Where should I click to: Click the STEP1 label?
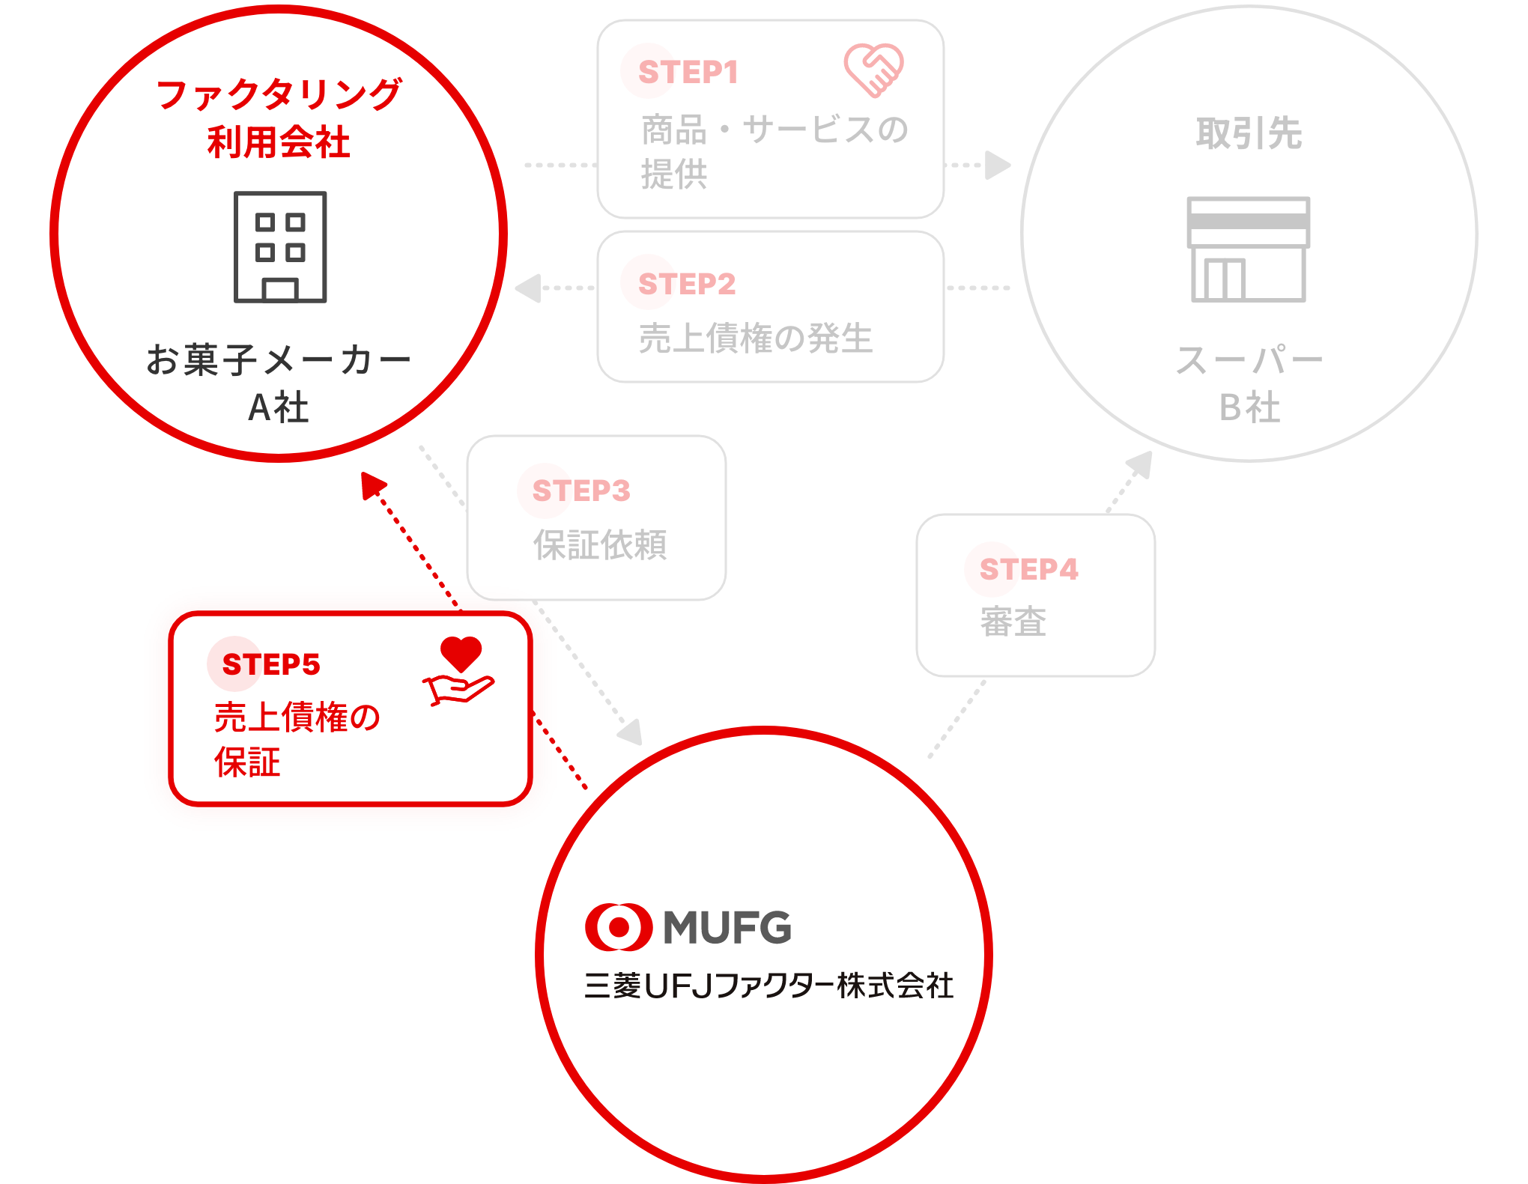click(x=688, y=73)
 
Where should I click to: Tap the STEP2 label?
click(x=687, y=284)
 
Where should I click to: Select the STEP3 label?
click(x=581, y=491)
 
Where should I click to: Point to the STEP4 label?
click(x=1028, y=569)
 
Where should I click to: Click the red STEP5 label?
click(x=271, y=664)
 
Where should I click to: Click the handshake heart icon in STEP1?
click(x=873, y=70)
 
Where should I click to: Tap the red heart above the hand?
click(x=461, y=654)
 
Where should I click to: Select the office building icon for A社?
click(x=280, y=247)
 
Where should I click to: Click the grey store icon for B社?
click(x=1249, y=249)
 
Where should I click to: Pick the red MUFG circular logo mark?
click(x=619, y=927)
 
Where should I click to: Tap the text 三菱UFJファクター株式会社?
click(x=768, y=986)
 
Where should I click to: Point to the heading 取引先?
click(x=1249, y=133)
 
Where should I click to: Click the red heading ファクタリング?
click(x=279, y=95)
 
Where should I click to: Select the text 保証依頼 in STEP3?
click(x=600, y=544)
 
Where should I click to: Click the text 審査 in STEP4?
click(x=1013, y=622)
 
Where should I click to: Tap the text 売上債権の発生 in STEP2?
click(x=756, y=338)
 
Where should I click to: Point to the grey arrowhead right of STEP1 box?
click(x=998, y=165)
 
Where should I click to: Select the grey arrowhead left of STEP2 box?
click(x=528, y=288)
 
